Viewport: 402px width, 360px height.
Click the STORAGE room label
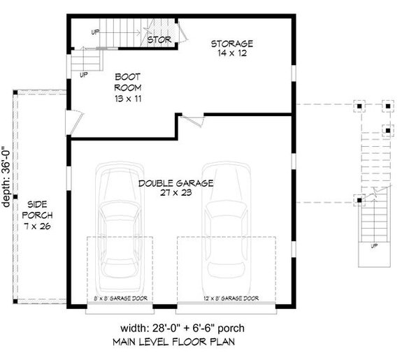coord(232,43)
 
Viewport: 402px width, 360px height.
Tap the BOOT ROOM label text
coord(128,83)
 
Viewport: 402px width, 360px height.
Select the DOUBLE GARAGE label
coord(175,183)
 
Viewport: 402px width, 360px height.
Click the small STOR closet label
coord(159,40)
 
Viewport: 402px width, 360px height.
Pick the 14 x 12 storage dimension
coord(232,53)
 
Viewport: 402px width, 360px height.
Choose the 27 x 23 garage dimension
coord(175,194)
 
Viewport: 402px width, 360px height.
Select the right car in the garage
coord(224,222)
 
